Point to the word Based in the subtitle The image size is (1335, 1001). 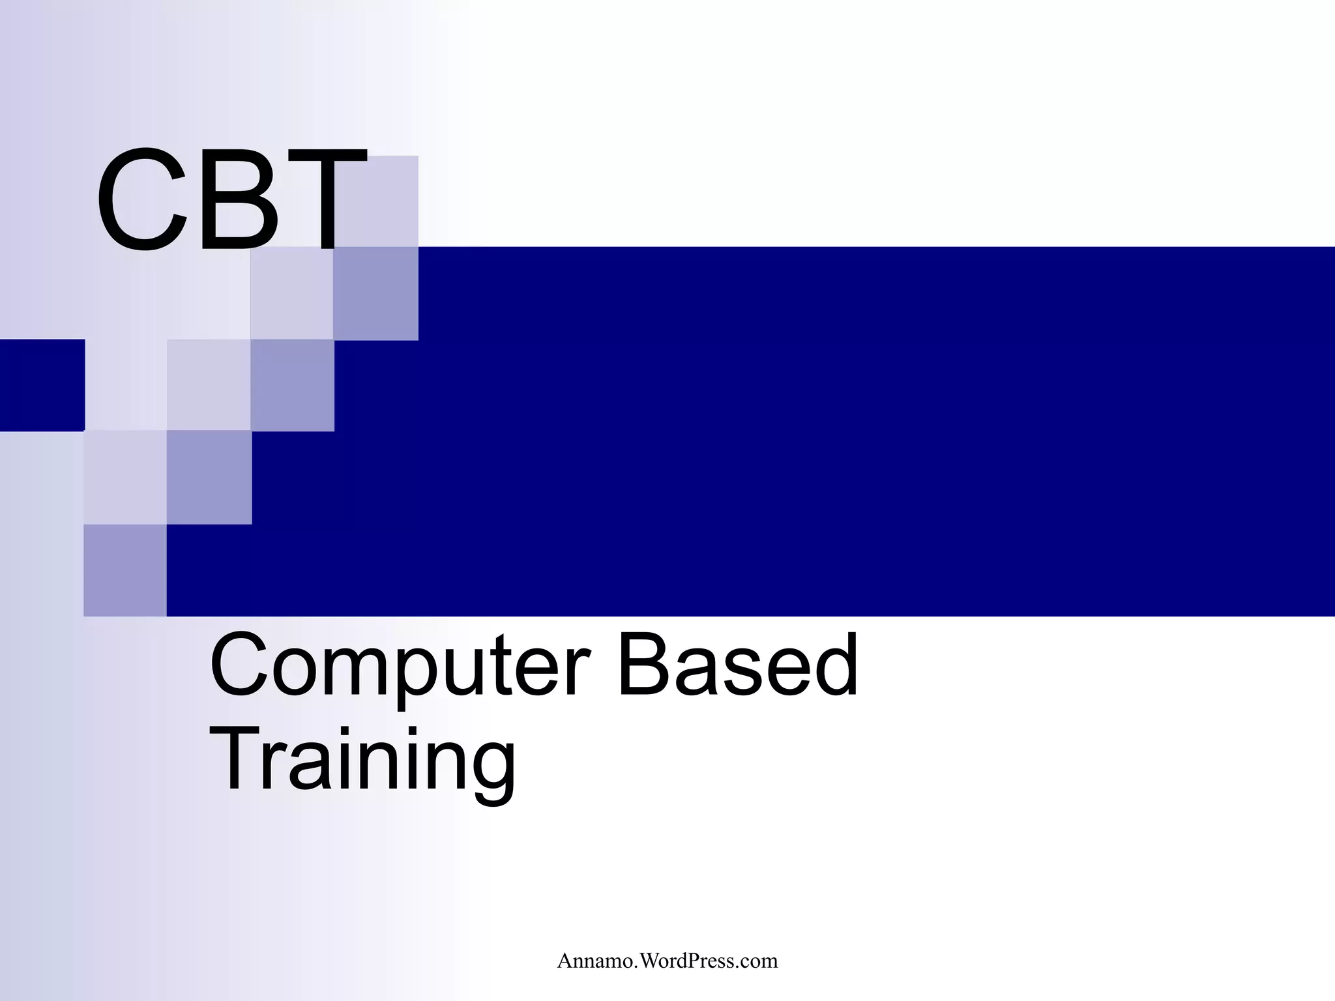point(737,666)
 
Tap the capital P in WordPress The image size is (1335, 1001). point(704,961)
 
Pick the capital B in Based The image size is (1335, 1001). point(642,666)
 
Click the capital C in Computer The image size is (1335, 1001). point(239,666)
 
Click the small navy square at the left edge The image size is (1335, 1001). point(42,385)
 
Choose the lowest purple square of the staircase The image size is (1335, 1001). point(125,570)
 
